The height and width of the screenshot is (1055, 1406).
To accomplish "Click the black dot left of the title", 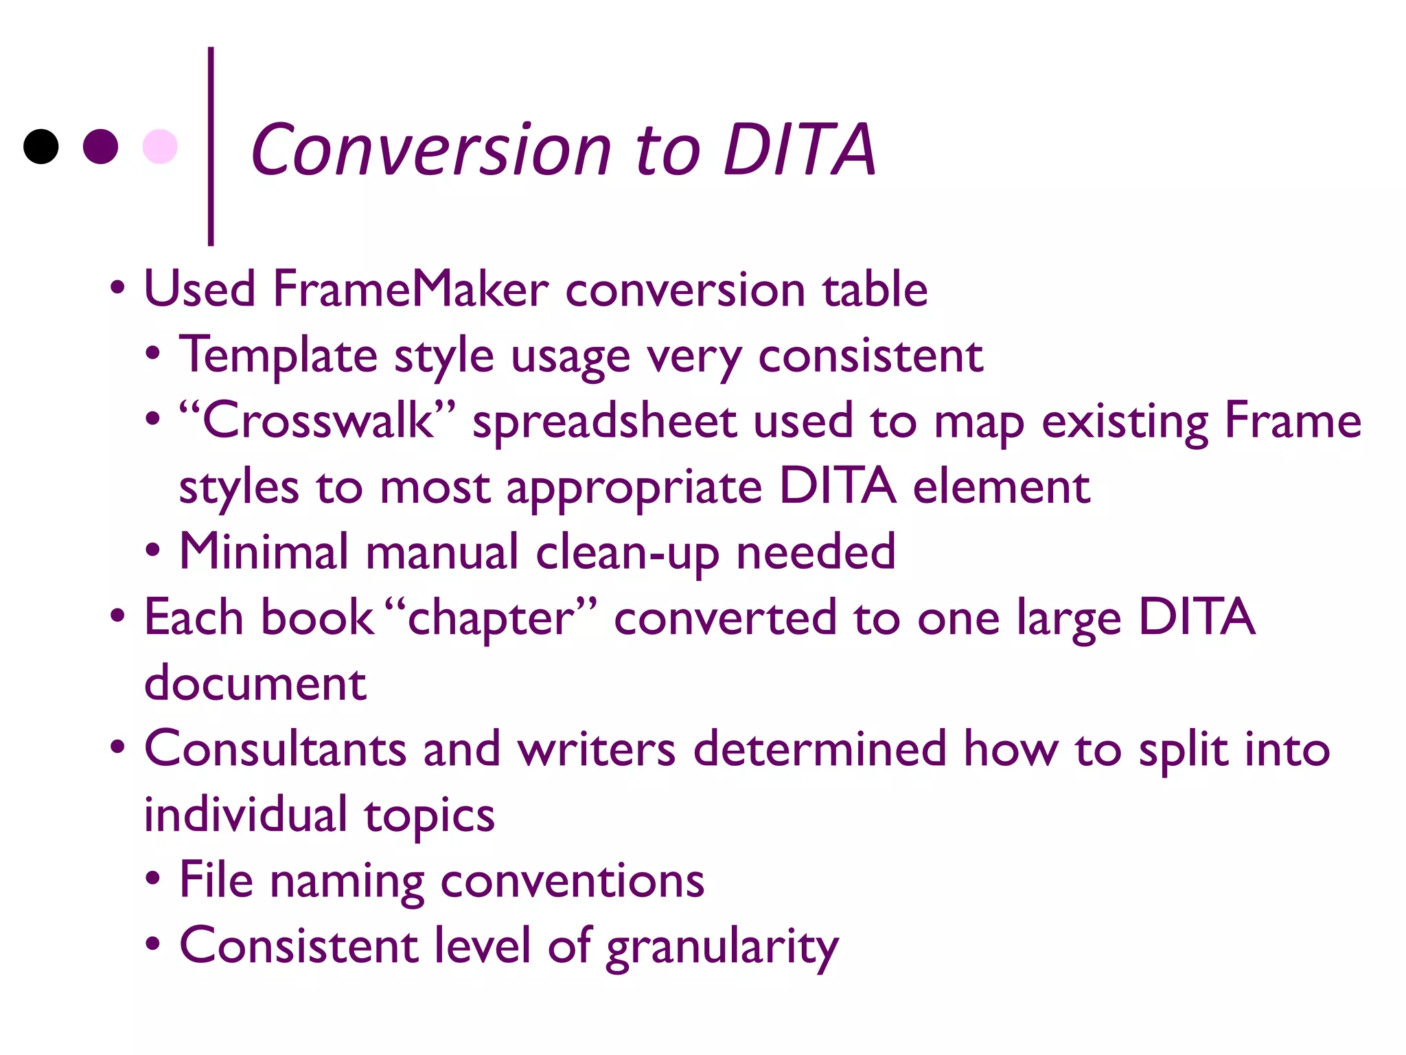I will coord(41,146).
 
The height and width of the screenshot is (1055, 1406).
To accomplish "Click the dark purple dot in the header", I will coord(100,146).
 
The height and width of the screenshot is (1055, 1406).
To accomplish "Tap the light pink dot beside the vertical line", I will coord(160,146).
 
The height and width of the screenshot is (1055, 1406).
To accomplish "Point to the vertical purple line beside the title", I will coord(211,146).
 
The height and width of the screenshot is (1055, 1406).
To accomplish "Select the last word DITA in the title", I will coord(799,150).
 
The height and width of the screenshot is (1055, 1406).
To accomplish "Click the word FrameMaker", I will coord(411,289).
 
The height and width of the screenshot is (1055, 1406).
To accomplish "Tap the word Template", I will coord(278,356).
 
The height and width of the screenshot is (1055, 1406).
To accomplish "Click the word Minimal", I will coord(264,552).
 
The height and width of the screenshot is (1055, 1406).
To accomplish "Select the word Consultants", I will coord(275,749).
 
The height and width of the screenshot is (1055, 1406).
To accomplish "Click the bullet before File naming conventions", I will coord(153,878).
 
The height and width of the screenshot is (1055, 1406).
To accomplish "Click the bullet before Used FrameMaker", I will coord(117,288).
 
